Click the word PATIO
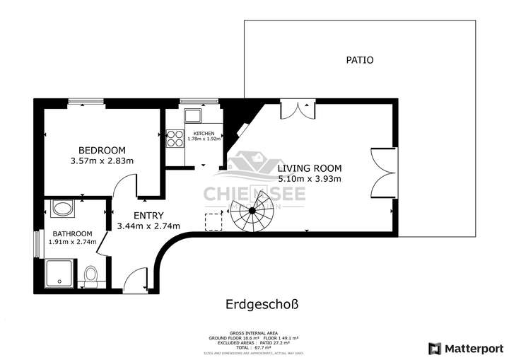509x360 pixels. pos(360,60)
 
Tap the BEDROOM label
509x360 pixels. pos(102,150)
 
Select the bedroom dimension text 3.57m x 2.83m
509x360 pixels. pos(102,161)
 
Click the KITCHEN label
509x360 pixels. pos(204,133)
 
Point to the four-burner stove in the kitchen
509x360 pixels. pos(174,139)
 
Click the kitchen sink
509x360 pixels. pos(192,117)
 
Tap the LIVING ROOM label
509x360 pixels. pos(309,168)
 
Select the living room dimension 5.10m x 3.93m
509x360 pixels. pos(309,179)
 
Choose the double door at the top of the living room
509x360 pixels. pos(296,110)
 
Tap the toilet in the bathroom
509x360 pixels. pos(90,275)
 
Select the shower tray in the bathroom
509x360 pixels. pos(59,274)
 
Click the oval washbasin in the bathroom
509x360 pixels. pos(62,210)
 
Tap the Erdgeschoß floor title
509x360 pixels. pos(262,305)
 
